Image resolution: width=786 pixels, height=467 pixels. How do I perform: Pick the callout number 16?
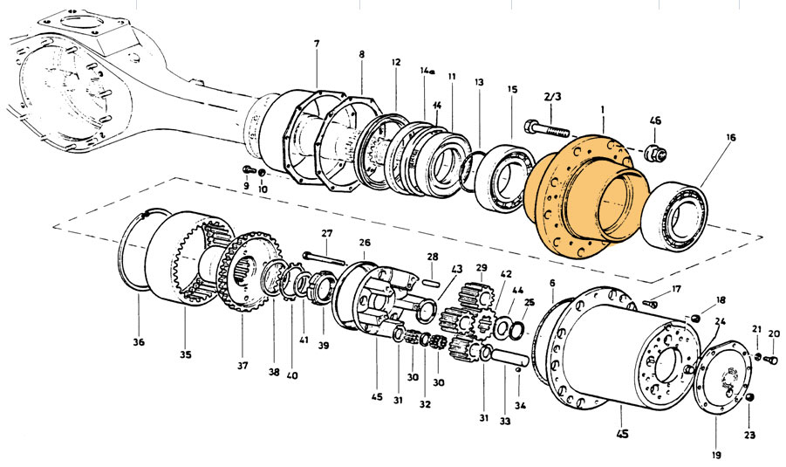point(729,137)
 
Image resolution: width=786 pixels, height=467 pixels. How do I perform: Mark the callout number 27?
point(326,233)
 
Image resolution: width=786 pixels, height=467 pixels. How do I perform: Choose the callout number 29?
point(481,267)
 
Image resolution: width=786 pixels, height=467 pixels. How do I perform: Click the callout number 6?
point(551,283)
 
